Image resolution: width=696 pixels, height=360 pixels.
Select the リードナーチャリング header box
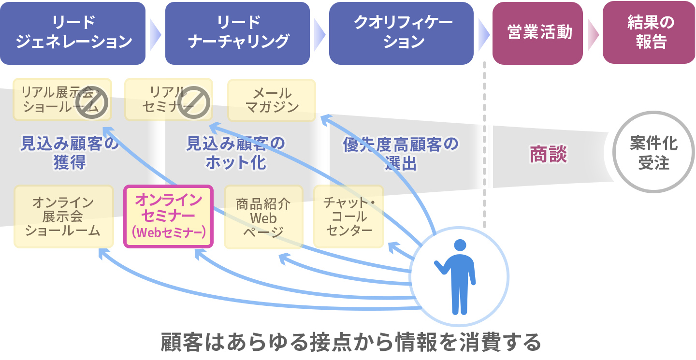point(237,33)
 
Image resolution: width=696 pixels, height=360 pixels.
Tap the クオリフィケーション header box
point(401,33)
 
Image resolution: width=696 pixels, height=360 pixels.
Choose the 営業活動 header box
point(537,33)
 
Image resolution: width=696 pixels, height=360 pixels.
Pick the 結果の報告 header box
point(649,33)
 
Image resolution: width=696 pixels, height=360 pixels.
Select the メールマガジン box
point(271,100)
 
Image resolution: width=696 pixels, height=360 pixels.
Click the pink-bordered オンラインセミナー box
point(169,216)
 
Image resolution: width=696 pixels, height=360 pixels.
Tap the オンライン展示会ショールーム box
point(63,216)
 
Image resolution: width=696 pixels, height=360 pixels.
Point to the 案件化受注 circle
point(653,152)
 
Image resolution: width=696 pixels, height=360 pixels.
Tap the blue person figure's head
point(460,245)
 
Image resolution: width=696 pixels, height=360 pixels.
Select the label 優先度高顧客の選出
point(401,153)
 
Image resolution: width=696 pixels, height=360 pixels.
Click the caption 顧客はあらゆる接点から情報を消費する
point(350,342)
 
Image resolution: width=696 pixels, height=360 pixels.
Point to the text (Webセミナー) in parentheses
point(169,233)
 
